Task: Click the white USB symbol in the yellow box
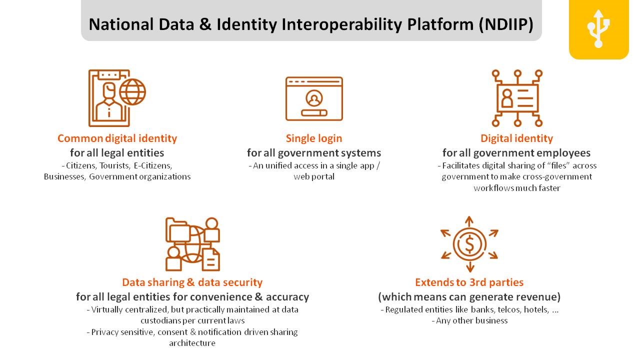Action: click(598, 28)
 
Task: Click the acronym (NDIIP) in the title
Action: click(506, 24)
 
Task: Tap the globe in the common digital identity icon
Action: click(132, 92)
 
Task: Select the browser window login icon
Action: click(314, 98)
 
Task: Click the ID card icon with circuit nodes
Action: click(517, 98)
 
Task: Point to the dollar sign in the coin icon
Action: click(469, 244)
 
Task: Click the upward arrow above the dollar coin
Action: click(469, 222)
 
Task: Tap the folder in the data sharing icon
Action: click(177, 230)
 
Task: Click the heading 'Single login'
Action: click(314, 138)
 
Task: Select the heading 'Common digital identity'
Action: click(117, 138)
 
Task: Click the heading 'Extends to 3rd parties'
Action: click(469, 282)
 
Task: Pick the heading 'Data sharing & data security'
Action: click(192, 282)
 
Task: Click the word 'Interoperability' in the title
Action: click(341, 24)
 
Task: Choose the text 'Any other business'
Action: click(471, 321)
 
